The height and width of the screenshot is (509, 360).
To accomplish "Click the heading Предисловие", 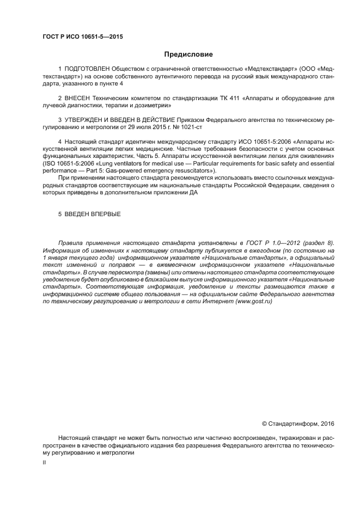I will (188, 54).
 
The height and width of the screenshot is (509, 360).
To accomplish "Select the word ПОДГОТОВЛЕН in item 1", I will (87, 69).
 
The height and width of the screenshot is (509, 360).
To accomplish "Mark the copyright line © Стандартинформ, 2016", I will (298, 423).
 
